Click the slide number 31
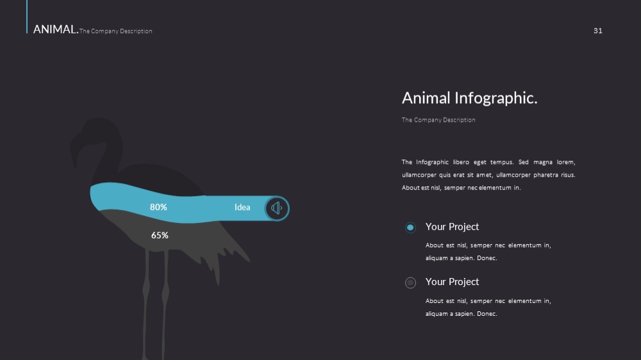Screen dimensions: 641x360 tap(597, 31)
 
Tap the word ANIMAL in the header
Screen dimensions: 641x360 tap(56, 29)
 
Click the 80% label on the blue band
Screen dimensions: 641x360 tap(158, 207)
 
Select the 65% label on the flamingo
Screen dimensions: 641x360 tap(160, 235)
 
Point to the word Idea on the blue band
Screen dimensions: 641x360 tap(242, 207)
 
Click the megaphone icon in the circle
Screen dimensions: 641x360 tap(277, 208)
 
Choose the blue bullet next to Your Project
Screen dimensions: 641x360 tap(410, 227)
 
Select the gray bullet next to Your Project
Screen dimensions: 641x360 tap(410, 282)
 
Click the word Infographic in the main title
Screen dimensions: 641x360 tap(496, 98)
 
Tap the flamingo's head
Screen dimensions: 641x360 tap(98, 131)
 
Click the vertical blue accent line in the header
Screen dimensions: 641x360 tap(27, 17)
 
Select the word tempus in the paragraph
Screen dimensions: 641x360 tap(502, 162)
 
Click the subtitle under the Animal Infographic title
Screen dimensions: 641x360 tap(438, 120)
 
